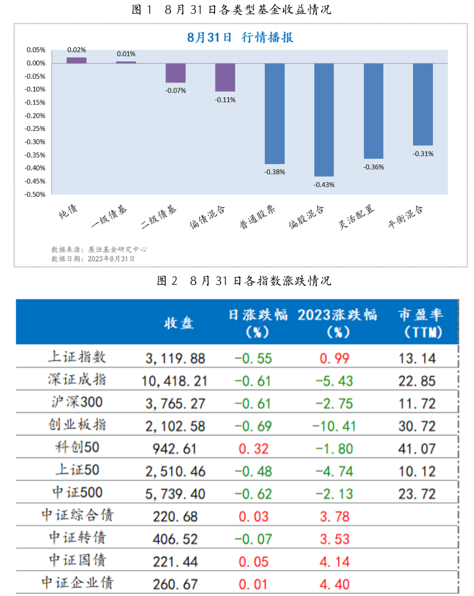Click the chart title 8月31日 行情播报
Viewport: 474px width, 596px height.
point(240,37)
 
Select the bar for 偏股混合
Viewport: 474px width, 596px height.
point(324,120)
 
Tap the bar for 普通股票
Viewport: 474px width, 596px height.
point(274,114)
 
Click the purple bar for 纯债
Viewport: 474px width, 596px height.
point(77,60)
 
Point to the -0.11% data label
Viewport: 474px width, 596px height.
point(225,99)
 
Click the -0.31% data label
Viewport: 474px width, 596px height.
point(423,153)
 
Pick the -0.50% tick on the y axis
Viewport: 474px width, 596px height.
point(35,194)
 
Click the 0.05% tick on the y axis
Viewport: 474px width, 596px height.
point(36,50)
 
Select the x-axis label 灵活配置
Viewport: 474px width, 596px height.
point(357,217)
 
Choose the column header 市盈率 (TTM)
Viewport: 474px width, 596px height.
point(420,323)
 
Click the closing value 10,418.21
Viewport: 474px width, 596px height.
point(174,381)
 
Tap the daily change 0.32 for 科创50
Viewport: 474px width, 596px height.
point(253,448)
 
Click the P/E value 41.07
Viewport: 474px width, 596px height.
point(417,448)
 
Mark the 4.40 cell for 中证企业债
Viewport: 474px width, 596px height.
point(335,584)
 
